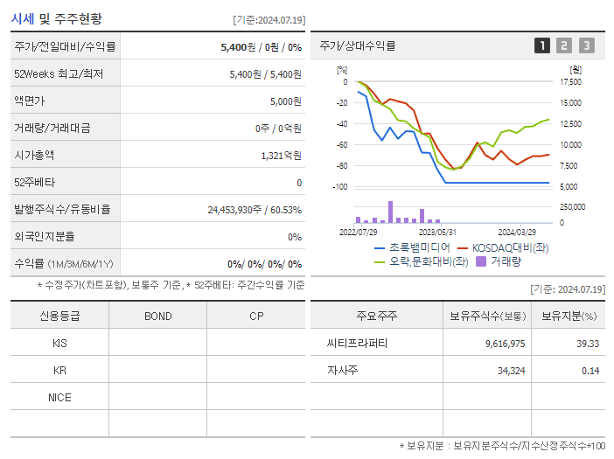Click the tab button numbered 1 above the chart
[542, 45]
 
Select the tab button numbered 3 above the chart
[586, 45]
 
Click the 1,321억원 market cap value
[281, 155]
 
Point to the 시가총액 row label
[34, 155]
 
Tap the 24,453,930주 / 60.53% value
[255, 210]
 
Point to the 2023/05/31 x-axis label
[438, 232]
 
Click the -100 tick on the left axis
[340, 187]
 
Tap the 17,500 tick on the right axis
[569, 82]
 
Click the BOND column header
[157, 316]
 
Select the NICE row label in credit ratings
[59, 397]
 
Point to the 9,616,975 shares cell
[505, 344]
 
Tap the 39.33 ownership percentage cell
[588, 344]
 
